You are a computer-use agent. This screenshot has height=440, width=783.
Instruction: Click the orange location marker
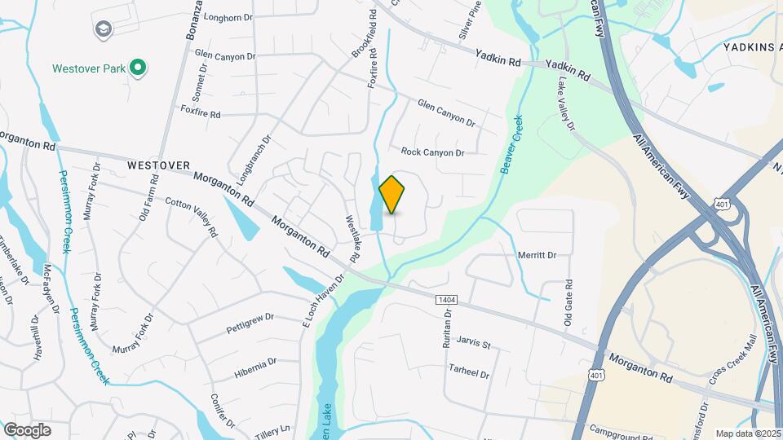(392, 194)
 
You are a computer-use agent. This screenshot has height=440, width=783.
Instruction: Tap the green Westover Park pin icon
(139, 68)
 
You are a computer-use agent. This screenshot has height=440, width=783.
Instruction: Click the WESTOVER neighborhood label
(158, 165)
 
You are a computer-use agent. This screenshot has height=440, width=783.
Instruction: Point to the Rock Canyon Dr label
(432, 152)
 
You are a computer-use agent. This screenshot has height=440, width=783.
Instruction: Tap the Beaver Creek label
(511, 143)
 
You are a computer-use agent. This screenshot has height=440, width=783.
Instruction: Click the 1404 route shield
(446, 301)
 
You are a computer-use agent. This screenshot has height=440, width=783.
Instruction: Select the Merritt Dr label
(537, 255)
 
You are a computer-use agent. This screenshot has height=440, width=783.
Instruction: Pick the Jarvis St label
(474, 344)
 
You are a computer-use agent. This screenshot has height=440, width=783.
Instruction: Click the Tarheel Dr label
(468, 372)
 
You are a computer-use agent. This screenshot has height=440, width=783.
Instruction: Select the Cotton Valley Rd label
(192, 216)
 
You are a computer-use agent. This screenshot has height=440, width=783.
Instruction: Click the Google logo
(27, 429)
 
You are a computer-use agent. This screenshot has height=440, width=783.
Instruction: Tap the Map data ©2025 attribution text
(748, 433)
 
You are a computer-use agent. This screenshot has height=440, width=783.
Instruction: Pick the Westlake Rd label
(353, 235)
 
